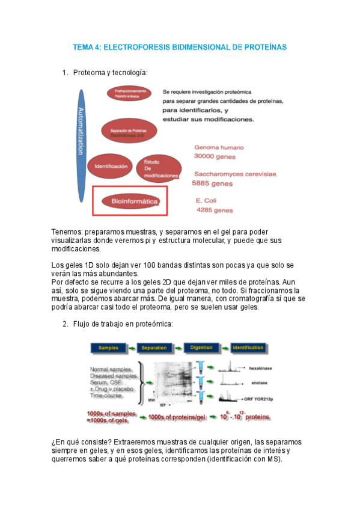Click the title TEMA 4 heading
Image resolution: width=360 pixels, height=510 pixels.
(180, 46)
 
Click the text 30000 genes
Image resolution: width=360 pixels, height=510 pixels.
(214, 156)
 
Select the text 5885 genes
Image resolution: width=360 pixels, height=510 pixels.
(212, 183)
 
